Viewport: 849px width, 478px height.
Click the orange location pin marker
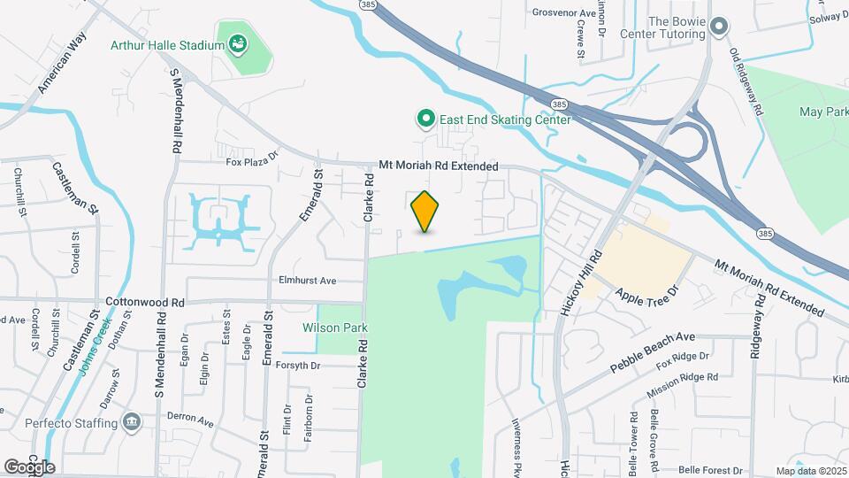(425, 212)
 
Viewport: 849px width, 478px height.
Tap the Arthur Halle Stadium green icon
(237, 42)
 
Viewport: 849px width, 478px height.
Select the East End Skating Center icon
(426, 119)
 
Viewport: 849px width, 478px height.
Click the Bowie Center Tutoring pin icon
(719, 27)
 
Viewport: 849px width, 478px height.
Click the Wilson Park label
(335, 328)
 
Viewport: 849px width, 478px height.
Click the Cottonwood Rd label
(144, 302)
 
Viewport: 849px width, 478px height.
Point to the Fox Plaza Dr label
(252, 162)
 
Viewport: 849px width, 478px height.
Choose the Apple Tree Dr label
(646, 295)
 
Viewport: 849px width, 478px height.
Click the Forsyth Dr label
(303, 365)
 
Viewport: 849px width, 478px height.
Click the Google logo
(29, 466)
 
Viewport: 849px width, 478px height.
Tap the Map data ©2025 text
(810, 471)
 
